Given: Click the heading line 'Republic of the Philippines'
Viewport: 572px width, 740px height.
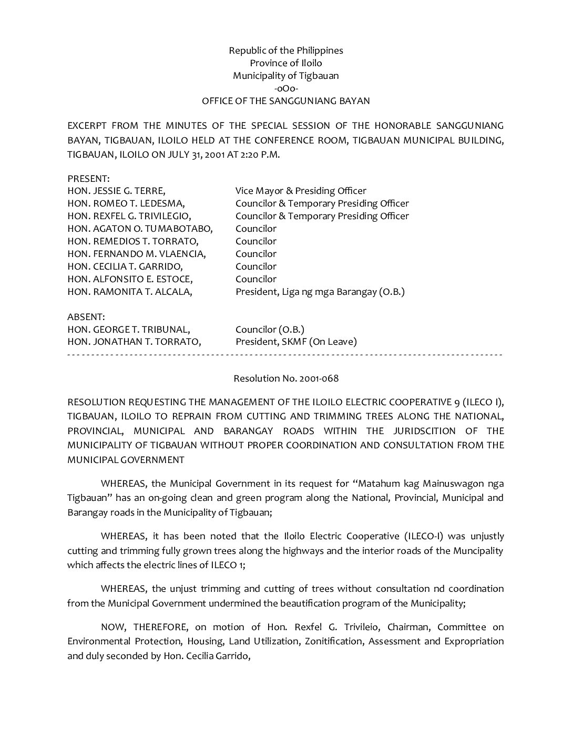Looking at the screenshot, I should click(x=285, y=50).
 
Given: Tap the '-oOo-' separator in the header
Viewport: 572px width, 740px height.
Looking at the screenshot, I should click(x=286, y=88).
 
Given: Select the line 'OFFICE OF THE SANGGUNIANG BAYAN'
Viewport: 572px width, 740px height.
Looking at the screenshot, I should click(x=286, y=101).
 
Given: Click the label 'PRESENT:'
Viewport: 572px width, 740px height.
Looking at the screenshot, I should click(x=88, y=179).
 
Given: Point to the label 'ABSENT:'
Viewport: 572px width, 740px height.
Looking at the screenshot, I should click(x=86, y=317).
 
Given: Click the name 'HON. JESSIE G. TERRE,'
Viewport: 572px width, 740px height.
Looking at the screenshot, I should click(x=116, y=191).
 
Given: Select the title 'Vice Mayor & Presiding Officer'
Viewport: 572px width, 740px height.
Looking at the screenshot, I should click(x=301, y=191).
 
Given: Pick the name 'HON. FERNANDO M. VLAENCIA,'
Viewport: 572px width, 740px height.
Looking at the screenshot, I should click(x=137, y=254).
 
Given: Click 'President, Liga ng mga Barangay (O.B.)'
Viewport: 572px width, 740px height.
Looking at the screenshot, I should click(x=320, y=292).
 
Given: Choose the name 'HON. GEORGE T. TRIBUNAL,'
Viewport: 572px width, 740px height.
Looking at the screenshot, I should click(x=129, y=330).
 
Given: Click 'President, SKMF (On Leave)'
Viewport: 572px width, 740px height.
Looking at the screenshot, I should click(x=296, y=342).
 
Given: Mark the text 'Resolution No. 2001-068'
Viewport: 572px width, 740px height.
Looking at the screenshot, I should click(x=286, y=378).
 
